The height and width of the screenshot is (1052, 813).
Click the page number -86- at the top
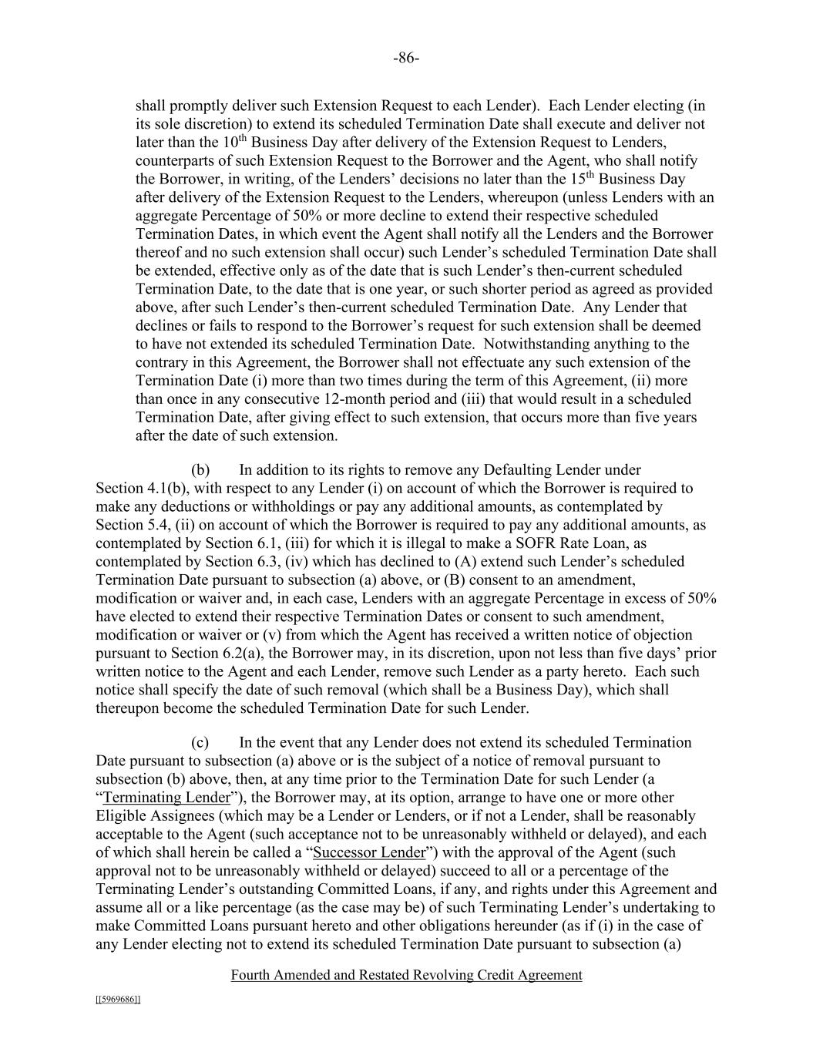coord(406,59)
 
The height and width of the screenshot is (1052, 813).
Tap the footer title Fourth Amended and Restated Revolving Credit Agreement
coord(406,975)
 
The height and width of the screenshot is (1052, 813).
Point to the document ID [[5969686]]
coord(118,1000)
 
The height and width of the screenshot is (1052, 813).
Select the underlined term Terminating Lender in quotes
coord(166,798)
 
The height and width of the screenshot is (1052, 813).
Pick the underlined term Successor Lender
coord(370,852)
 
